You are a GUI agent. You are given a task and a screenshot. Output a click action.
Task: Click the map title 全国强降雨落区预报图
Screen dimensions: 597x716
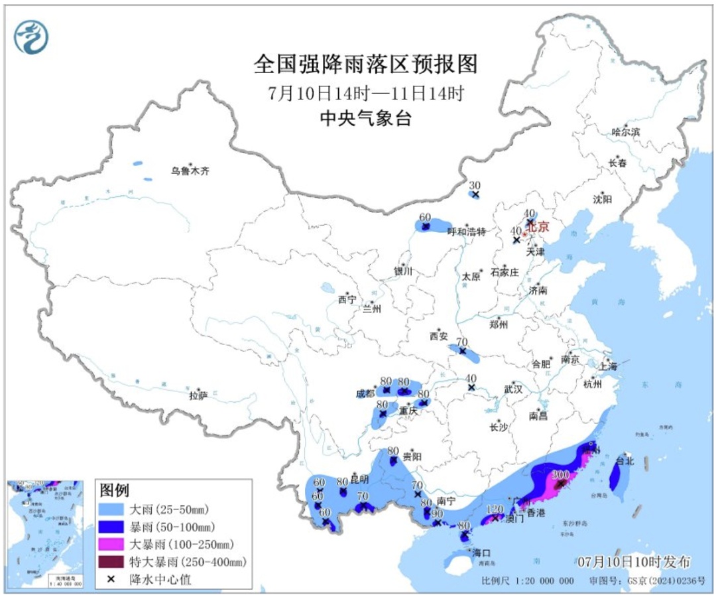tap(365, 64)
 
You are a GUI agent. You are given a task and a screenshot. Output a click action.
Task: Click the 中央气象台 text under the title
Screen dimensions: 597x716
tap(365, 118)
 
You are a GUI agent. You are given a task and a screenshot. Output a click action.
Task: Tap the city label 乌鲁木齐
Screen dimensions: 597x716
tap(190, 171)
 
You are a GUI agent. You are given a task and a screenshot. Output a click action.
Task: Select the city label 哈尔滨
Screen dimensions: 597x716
tap(626, 132)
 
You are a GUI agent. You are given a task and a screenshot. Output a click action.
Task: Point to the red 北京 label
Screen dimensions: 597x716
tap(538, 227)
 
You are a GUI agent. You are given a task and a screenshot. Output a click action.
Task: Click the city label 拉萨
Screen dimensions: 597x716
tap(198, 395)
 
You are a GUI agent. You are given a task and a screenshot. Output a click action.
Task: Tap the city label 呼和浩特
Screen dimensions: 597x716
tap(466, 232)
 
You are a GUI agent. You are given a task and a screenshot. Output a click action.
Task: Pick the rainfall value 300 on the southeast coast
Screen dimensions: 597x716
tap(561, 475)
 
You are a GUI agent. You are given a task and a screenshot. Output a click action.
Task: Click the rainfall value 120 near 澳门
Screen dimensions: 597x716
tap(495, 509)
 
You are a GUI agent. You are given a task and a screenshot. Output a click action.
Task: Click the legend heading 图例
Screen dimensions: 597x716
tap(114, 490)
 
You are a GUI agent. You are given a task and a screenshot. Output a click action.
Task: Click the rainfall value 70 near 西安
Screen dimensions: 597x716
tap(462, 342)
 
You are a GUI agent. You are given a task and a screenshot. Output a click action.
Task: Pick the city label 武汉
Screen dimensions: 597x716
tap(513, 390)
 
